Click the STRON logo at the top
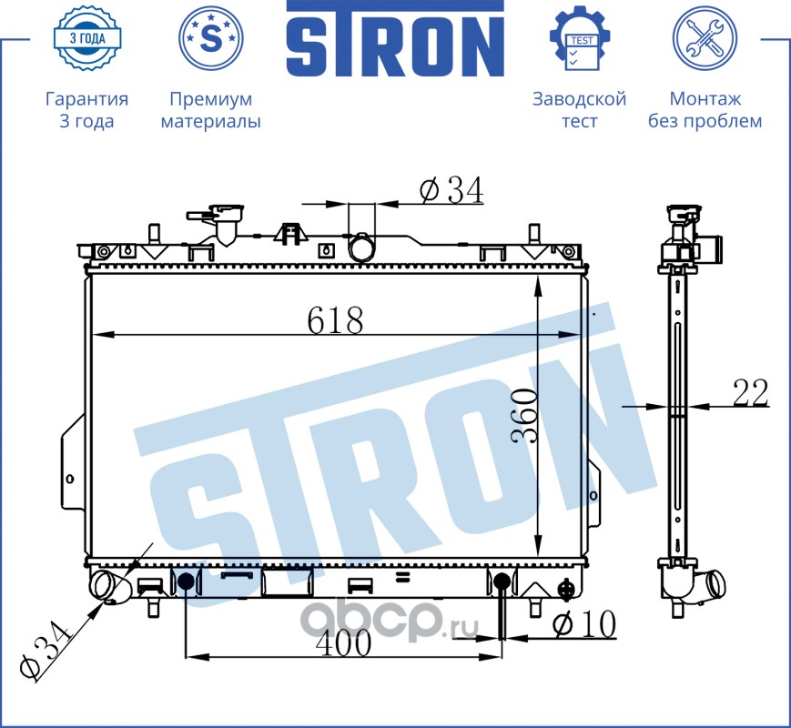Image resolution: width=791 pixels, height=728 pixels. [395, 38]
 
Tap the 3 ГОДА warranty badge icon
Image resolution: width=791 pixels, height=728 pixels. [87, 38]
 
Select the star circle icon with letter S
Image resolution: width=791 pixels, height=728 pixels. [211, 38]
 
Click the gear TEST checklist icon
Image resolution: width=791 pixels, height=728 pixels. [579, 38]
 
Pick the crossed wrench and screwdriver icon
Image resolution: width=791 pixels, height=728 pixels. [705, 38]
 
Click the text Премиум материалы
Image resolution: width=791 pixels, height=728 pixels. [211, 110]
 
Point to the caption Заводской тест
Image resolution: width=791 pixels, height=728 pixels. [579, 110]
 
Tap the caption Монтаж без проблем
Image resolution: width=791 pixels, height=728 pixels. [705, 110]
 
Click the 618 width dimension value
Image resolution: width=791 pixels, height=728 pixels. [335, 319]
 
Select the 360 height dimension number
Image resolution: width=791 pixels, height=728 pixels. [523, 417]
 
